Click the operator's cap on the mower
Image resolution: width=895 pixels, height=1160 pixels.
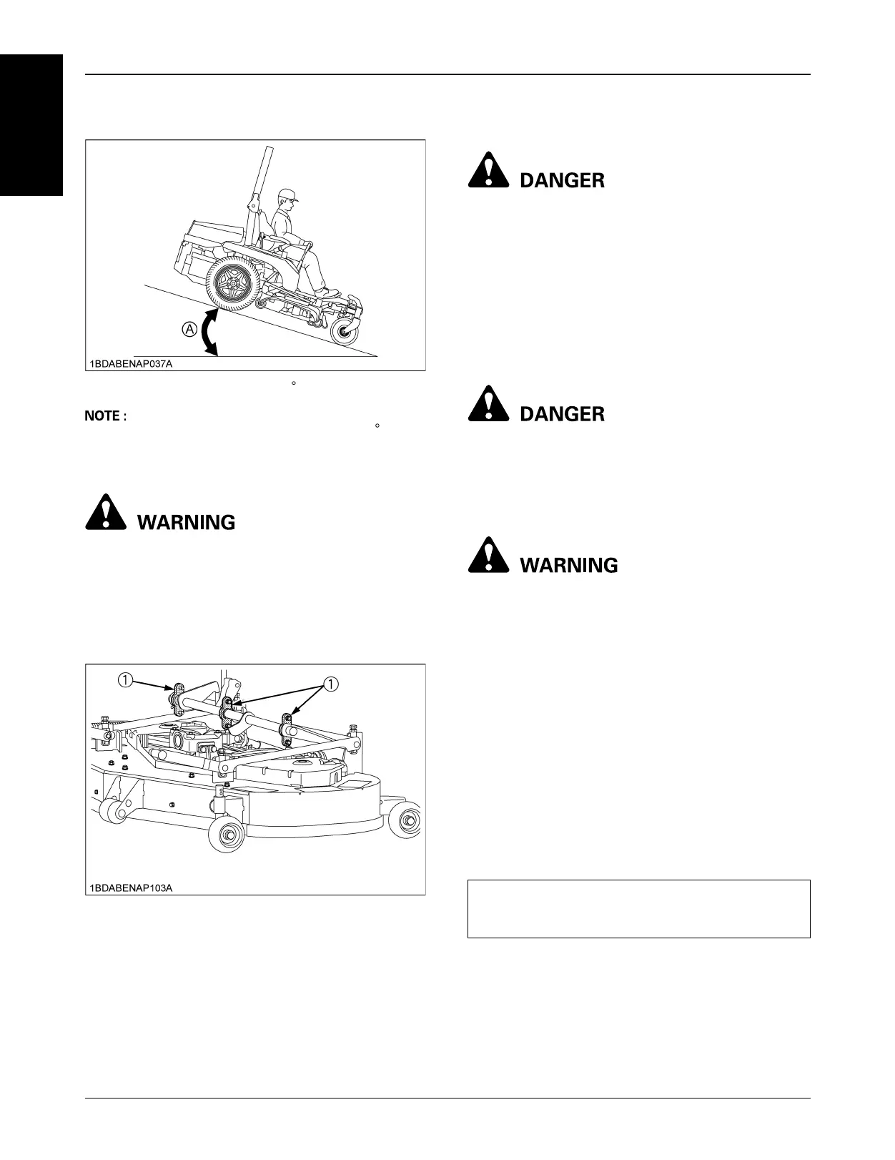(x=287, y=195)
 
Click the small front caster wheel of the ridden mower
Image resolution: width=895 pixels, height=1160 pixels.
(x=345, y=332)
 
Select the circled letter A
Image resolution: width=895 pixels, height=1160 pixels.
(x=189, y=329)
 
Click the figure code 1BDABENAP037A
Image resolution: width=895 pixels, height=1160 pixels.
(x=131, y=363)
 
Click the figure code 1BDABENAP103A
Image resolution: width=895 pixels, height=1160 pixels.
(x=131, y=888)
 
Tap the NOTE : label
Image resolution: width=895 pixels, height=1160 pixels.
(x=106, y=416)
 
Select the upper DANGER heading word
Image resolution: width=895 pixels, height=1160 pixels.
(x=562, y=180)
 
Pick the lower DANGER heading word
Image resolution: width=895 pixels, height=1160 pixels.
(x=562, y=414)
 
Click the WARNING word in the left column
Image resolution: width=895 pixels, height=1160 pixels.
(x=186, y=522)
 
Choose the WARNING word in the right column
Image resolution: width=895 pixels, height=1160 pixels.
(x=569, y=565)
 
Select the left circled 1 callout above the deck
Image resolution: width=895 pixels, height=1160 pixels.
(x=125, y=680)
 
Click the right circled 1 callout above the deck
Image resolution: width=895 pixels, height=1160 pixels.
(x=331, y=684)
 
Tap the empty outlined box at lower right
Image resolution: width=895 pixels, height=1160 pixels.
(x=638, y=908)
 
